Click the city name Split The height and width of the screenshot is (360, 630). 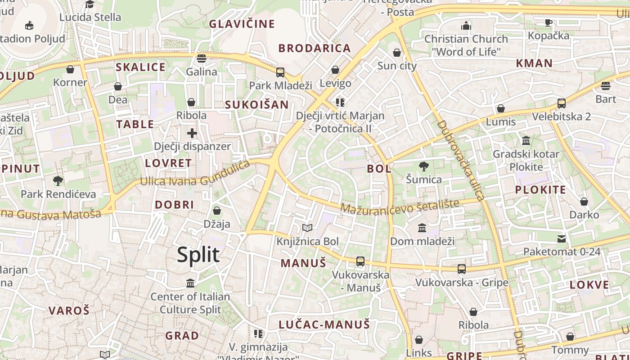(x=198, y=255)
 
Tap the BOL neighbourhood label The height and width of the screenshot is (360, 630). (x=379, y=169)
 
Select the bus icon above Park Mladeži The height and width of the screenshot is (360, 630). (x=280, y=72)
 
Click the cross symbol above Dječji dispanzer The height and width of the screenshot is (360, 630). (x=192, y=133)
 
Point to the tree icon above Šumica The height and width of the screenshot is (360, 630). (x=423, y=166)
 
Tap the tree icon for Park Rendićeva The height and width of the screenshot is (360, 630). (x=58, y=181)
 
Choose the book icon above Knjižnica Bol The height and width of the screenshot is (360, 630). (x=307, y=228)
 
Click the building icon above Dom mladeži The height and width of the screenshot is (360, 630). (x=422, y=228)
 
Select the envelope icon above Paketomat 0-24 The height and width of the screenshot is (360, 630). (x=562, y=238)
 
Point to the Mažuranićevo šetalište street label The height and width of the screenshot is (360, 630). (x=400, y=206)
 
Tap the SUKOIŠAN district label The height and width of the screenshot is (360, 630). (x=256, y=105)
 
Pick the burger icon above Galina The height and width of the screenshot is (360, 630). (x=202, y=58)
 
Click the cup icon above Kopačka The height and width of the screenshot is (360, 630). (x=549, y=22)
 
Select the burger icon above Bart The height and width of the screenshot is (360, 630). (x=605, y=85)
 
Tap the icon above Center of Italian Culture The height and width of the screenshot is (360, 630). (x=190, y=283)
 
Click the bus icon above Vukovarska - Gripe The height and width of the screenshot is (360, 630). (x=462, y=269)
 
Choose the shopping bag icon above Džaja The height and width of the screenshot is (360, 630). (x=217, y=211)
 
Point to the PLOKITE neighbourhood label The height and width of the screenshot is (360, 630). (x=540, y=189)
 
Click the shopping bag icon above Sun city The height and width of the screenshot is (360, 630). (x=397, y=53)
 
